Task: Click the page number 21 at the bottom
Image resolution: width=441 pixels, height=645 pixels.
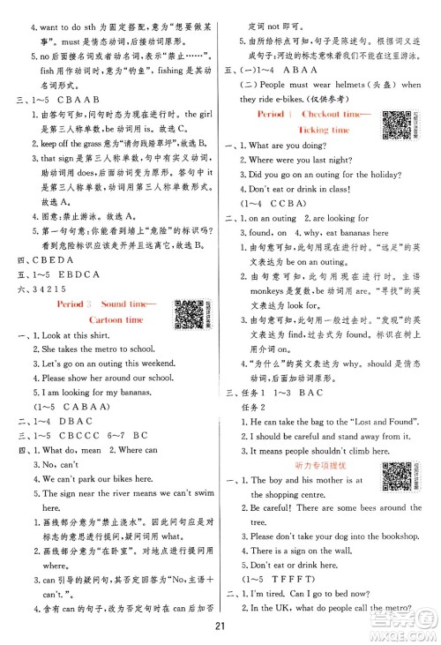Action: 220,626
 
